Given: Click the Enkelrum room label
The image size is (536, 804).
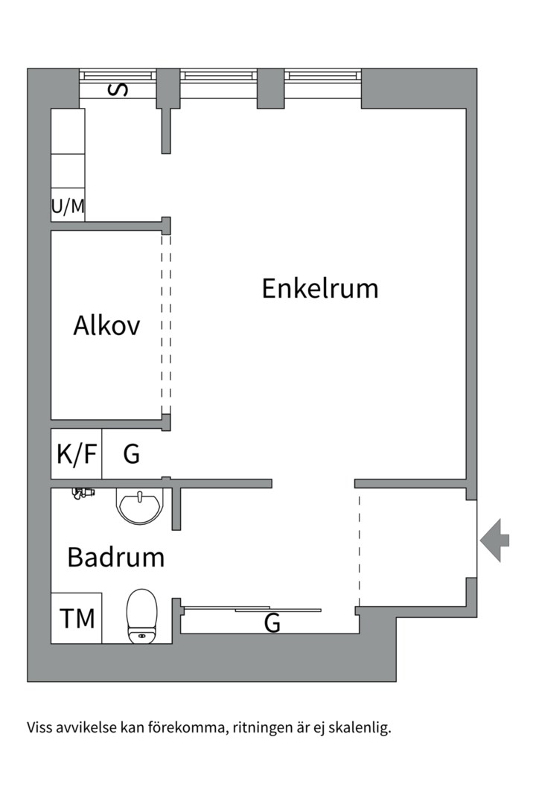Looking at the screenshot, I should pos(319,288).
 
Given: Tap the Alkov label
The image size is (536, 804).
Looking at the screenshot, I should pos(106,325).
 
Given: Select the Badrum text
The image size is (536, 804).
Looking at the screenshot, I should pos(115,557).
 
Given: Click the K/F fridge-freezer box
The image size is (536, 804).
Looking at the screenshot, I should pos(77,453).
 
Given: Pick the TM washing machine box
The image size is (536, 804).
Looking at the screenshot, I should pos(77,618).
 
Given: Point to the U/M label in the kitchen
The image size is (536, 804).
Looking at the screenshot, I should pos(68,206).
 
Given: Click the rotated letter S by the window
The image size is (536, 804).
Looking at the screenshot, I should pos(118,90).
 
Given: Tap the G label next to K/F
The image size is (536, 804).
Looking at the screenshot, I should pos(131,453).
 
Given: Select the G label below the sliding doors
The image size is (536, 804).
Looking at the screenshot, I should pos(272,624).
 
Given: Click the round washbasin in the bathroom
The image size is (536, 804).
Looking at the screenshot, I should pos(139,505).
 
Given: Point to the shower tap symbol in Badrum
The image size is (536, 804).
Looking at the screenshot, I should pos(83,493).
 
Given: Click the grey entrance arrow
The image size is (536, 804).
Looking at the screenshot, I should pos(494,539).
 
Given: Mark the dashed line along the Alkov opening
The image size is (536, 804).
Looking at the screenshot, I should pos(166,325).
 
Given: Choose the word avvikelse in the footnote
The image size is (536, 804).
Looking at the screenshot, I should pos(85,727).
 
